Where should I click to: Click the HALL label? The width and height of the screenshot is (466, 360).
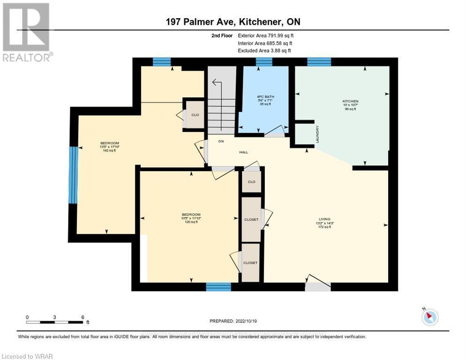coord(243,152)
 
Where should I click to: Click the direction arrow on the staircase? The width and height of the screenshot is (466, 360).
coord(216,83)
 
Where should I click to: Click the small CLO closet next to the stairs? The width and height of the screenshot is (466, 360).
coord(195,115)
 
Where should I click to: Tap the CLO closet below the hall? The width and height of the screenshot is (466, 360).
coord(251,181)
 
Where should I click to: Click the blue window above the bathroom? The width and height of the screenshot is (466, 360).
coord(264,61)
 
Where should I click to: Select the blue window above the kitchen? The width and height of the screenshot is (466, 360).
coord(319,61)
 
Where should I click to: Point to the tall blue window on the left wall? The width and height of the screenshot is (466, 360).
coord(73,175)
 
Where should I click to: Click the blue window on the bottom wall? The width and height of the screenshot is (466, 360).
coord(218,287)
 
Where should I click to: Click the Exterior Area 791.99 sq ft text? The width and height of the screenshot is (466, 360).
coord(266,35)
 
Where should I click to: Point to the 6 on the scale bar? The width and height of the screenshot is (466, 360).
coord(83,317)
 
